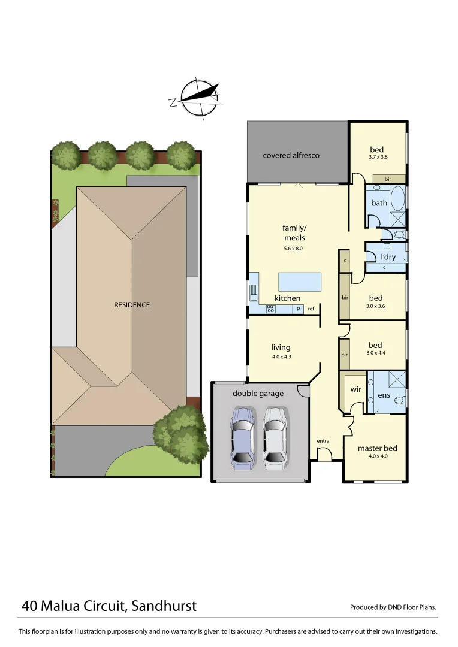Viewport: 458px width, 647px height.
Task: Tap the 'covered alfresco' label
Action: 291,156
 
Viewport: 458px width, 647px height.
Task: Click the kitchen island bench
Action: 299,281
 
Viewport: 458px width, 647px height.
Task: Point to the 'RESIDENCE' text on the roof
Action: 132,305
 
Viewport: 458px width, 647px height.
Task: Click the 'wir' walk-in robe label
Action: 355,389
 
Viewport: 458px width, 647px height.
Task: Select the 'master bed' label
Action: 377,448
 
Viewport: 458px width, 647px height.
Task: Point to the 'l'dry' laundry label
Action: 388,257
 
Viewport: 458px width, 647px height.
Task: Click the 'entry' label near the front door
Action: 323,441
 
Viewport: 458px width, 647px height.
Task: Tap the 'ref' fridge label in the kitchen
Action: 311,309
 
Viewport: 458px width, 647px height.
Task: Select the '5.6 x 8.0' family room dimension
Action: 293,248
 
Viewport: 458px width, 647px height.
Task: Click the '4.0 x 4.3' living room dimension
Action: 281,357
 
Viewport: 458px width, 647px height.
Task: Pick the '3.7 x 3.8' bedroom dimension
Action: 378,158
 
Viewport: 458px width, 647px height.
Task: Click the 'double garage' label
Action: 258,394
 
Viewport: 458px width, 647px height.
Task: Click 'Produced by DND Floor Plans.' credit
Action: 393,607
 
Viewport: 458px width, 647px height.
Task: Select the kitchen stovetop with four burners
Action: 270,309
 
